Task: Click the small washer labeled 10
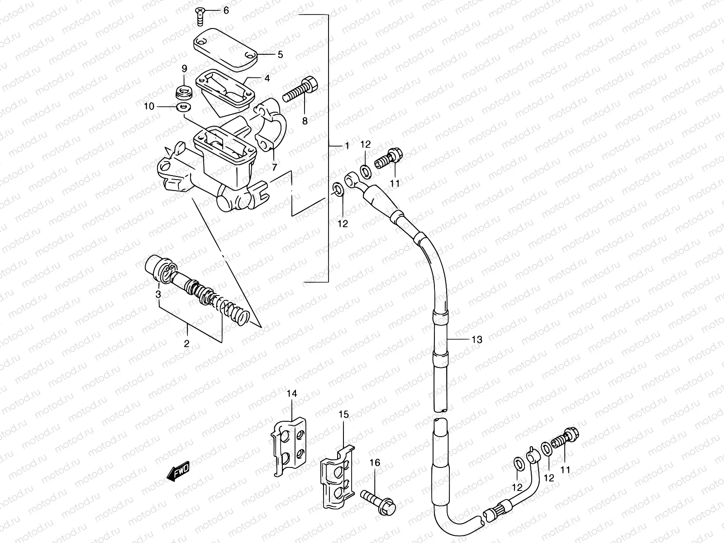pos(184,107)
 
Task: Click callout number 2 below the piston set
pos(186,344)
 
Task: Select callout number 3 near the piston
pos(158,295)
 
